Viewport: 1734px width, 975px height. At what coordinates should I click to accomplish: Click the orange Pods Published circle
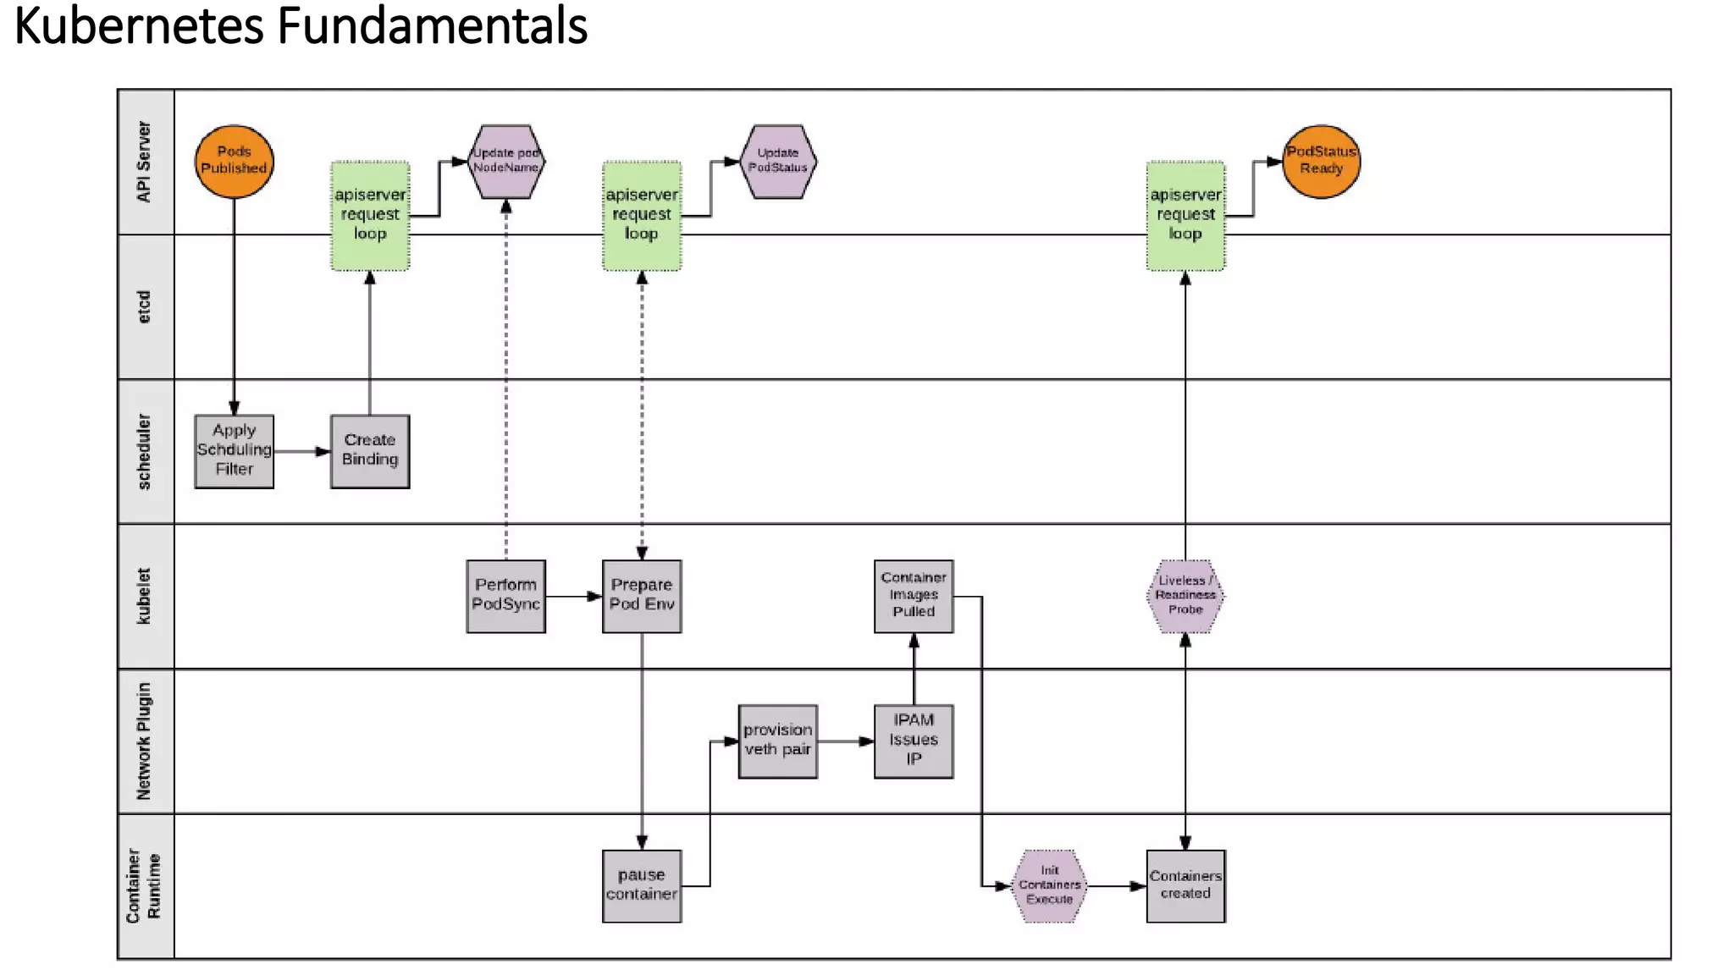click(x=234, y=162)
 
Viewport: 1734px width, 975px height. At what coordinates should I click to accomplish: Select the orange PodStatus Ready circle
click(x=1321, y=162)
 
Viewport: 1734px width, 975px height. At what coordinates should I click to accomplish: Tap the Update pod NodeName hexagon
click(x=506, y=162)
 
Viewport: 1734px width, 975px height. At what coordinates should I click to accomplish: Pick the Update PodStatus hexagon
click(x=777, y=162)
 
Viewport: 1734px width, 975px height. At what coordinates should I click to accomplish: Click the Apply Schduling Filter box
click(x=234, y=451)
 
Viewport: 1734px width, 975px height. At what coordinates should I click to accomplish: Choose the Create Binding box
click(x=370, y=451)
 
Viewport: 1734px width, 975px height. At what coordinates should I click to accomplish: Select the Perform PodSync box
click(x=505, y=596)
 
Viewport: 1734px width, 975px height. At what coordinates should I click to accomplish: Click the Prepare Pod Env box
click(x=642, y=596)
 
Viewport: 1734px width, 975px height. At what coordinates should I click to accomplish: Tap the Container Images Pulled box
click(x=914, y=596)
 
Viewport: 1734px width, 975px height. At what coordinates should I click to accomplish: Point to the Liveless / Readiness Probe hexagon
click(x=1185, y=596)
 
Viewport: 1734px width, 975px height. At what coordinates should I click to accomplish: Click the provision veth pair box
click(x=777, y=741)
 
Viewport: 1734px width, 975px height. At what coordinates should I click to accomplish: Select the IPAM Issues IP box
click(x=914, y=741)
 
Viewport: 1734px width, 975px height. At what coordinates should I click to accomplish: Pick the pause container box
click(x=642, y=885)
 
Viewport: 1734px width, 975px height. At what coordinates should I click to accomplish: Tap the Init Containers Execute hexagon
click(x=1049, y=885)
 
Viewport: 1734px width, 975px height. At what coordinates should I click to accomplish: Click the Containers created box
click(x=1185, y=885)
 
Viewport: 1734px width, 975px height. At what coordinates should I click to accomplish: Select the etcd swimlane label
click(x=145, y=306)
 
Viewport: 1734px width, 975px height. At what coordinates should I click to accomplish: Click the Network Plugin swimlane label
click(x=145, y=741)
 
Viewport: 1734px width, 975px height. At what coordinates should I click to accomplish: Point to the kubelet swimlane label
click(x=145, y=596)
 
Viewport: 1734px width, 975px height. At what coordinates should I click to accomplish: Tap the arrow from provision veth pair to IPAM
click(x=846, y=741)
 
